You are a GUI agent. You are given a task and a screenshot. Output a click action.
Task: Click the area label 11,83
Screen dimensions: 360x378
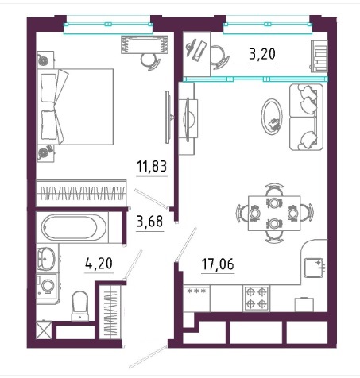[x=152, y=167]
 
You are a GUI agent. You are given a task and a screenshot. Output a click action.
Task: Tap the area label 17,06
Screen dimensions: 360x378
[x=218, y=264]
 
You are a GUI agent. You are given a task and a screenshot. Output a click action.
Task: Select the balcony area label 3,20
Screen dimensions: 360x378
[x=262, y=54]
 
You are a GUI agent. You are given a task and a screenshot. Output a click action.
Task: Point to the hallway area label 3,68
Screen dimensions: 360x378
[x=149, y=222]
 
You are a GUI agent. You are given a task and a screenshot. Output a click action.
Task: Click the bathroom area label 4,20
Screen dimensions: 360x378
[x=99, y=263]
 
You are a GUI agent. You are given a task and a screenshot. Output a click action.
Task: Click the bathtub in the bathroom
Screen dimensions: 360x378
[x=73, y=227]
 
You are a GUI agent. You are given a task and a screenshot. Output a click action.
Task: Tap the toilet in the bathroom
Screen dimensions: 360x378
[x=79, y=306]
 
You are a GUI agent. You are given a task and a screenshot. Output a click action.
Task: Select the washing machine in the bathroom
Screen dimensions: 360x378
[x=47, y=286]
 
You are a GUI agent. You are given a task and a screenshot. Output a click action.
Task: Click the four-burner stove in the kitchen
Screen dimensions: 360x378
[x=256, y=298]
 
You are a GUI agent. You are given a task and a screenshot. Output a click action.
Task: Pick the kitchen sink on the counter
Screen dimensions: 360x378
[x=314, y=268]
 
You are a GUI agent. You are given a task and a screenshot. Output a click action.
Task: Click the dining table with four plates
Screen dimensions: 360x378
[x=274, y=213]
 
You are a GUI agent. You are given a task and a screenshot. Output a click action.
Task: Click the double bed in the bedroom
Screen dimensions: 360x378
[x=75, y=106]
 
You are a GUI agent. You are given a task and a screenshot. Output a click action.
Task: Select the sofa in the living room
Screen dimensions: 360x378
[x=306, y=117]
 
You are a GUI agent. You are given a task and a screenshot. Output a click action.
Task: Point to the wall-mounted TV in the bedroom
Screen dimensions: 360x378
[x=168, y=117]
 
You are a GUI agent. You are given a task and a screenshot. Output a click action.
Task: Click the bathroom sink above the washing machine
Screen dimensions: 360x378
[x=46, y=259]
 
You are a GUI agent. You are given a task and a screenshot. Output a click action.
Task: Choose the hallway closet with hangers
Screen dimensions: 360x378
[x=110, y=311]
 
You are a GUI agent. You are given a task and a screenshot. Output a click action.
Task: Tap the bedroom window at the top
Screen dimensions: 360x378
[x=108, y=25]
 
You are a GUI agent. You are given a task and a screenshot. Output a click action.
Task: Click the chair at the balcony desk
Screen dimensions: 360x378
[x=219, y=57]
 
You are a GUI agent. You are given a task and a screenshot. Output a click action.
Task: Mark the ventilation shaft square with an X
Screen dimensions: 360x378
[x=43, y=330]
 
